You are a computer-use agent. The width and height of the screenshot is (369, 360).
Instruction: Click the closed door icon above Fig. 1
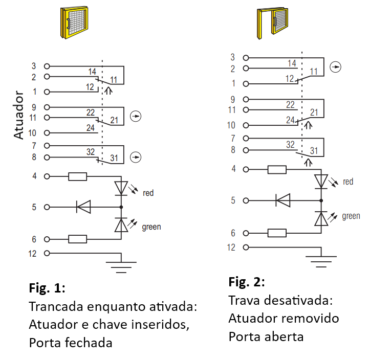74,22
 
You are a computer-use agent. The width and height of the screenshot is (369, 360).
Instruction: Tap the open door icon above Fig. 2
272,24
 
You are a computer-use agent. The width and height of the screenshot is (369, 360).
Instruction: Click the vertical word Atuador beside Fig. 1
18,115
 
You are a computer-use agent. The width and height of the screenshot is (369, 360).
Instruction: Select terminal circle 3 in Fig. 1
47,66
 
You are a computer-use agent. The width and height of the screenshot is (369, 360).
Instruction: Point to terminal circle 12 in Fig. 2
246,247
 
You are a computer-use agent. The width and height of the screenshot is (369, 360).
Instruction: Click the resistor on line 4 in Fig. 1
77,176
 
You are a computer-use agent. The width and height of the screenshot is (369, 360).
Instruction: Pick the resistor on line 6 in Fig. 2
277,233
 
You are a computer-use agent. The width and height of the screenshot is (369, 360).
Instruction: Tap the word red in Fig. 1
148,193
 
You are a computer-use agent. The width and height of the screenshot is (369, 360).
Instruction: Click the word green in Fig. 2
351,216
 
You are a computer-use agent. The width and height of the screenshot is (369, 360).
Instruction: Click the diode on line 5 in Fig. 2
283,200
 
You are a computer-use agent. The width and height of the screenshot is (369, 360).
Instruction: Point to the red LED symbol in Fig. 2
321,182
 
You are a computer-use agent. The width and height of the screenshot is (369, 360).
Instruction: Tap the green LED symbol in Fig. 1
121,225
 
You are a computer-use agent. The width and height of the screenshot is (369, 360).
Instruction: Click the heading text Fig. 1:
47,288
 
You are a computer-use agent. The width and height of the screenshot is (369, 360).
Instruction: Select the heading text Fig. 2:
246,282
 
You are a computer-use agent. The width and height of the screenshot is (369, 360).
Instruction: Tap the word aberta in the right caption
284,336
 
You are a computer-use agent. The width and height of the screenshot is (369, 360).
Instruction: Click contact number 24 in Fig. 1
91,128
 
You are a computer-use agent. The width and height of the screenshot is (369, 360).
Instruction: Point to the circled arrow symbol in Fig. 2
336,67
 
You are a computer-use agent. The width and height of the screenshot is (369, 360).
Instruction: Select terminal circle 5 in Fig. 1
47,207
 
